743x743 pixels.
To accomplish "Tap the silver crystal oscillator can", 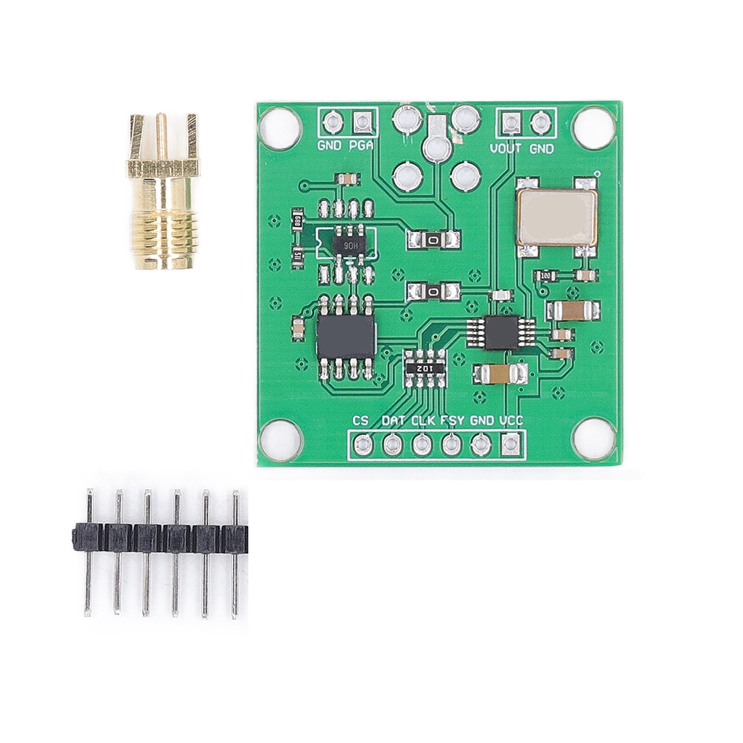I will pos(556,217).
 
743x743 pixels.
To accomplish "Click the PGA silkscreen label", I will pos(361,146).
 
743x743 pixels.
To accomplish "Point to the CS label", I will pos(361,420).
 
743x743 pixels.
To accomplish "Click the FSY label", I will pos(452,420).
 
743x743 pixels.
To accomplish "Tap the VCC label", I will pos(511,420).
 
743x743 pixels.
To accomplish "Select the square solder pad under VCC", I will pos(510,445).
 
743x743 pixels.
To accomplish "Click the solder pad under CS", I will pos(362,445).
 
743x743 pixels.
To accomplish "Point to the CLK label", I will pos(423,420).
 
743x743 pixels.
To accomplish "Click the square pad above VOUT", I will pos(510,123).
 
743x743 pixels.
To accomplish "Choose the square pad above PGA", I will pos(362,123).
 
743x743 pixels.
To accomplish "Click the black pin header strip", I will pos(160,538).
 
